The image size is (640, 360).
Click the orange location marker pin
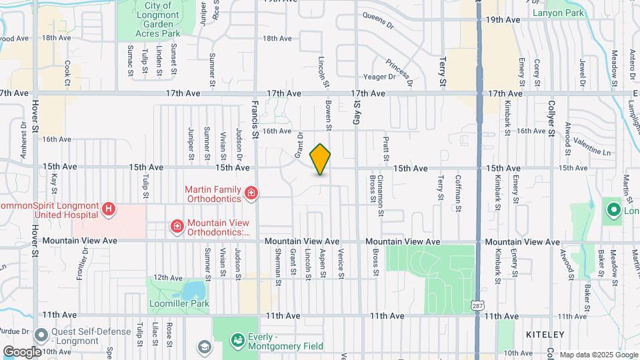click(x=321, y=159)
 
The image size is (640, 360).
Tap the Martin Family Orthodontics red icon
click(x=251, y=194)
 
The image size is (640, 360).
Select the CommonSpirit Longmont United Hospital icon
click(x=109, y=211)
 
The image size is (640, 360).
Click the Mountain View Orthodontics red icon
click(x=177, y=227)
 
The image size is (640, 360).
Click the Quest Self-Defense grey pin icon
click(x=41, y=335)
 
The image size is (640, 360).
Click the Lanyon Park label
click(x=559, y=13)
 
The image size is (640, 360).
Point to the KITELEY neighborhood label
click(x=544, y=334)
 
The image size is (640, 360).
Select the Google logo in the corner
click(x=22, y=351)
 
